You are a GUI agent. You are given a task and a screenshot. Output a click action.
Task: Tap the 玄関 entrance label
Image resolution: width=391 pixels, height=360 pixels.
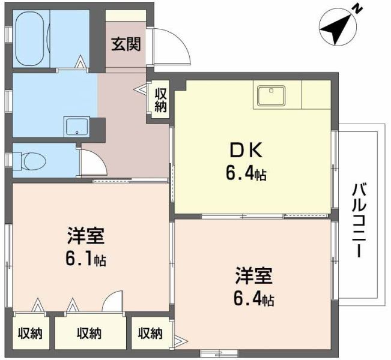coord(126,44)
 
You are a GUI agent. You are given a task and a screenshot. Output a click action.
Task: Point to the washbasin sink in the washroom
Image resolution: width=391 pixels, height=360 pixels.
coord(77,127)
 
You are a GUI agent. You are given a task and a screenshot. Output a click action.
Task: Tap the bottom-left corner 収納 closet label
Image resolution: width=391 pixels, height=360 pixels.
coord(29,333)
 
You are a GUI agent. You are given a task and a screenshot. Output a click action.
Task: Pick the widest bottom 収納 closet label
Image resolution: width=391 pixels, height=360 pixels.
coord(88,333)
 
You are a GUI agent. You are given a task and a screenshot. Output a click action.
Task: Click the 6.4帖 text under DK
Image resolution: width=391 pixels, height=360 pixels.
coord(246,175)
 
